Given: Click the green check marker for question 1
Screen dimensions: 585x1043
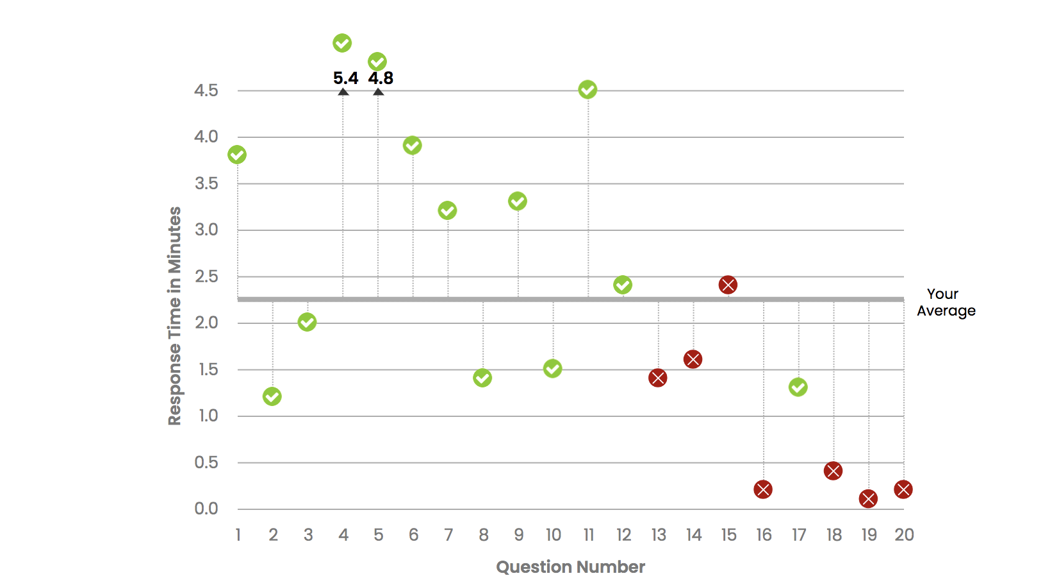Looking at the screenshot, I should coord(237,155).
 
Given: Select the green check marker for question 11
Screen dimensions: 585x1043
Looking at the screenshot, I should coord(587,90).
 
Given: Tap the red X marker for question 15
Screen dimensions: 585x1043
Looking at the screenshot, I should coord(728,285).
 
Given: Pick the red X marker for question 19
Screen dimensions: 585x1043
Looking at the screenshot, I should coord(868,498).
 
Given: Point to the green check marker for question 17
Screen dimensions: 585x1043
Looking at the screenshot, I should coord(798,387).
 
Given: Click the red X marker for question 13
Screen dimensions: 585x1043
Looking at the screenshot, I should coord(658,378).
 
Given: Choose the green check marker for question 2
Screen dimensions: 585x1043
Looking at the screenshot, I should coord(272,396).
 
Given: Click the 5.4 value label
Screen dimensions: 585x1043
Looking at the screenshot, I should coord(345,78).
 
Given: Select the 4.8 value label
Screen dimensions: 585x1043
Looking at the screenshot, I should coord(381,78).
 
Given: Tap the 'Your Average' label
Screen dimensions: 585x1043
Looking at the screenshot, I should coord(946,302).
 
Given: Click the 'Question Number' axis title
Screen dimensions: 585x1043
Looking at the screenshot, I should coord(570,567).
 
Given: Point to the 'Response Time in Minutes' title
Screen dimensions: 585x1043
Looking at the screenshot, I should coord(174,316).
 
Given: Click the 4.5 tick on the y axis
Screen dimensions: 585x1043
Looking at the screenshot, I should coord(206,90).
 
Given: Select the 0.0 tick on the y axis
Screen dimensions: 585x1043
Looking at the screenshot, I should coord(206,509).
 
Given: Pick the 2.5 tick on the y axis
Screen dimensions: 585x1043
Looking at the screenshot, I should coord(206,276).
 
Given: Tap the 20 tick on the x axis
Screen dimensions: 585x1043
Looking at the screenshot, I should coord(904,535).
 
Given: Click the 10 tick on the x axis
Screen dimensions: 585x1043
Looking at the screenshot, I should coord(554,535).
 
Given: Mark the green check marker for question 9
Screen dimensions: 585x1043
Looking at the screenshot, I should coord(518,201).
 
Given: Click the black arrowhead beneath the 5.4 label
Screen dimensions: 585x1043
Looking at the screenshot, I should coord(343,92).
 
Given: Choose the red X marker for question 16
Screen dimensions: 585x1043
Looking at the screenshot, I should coord(763,489).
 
